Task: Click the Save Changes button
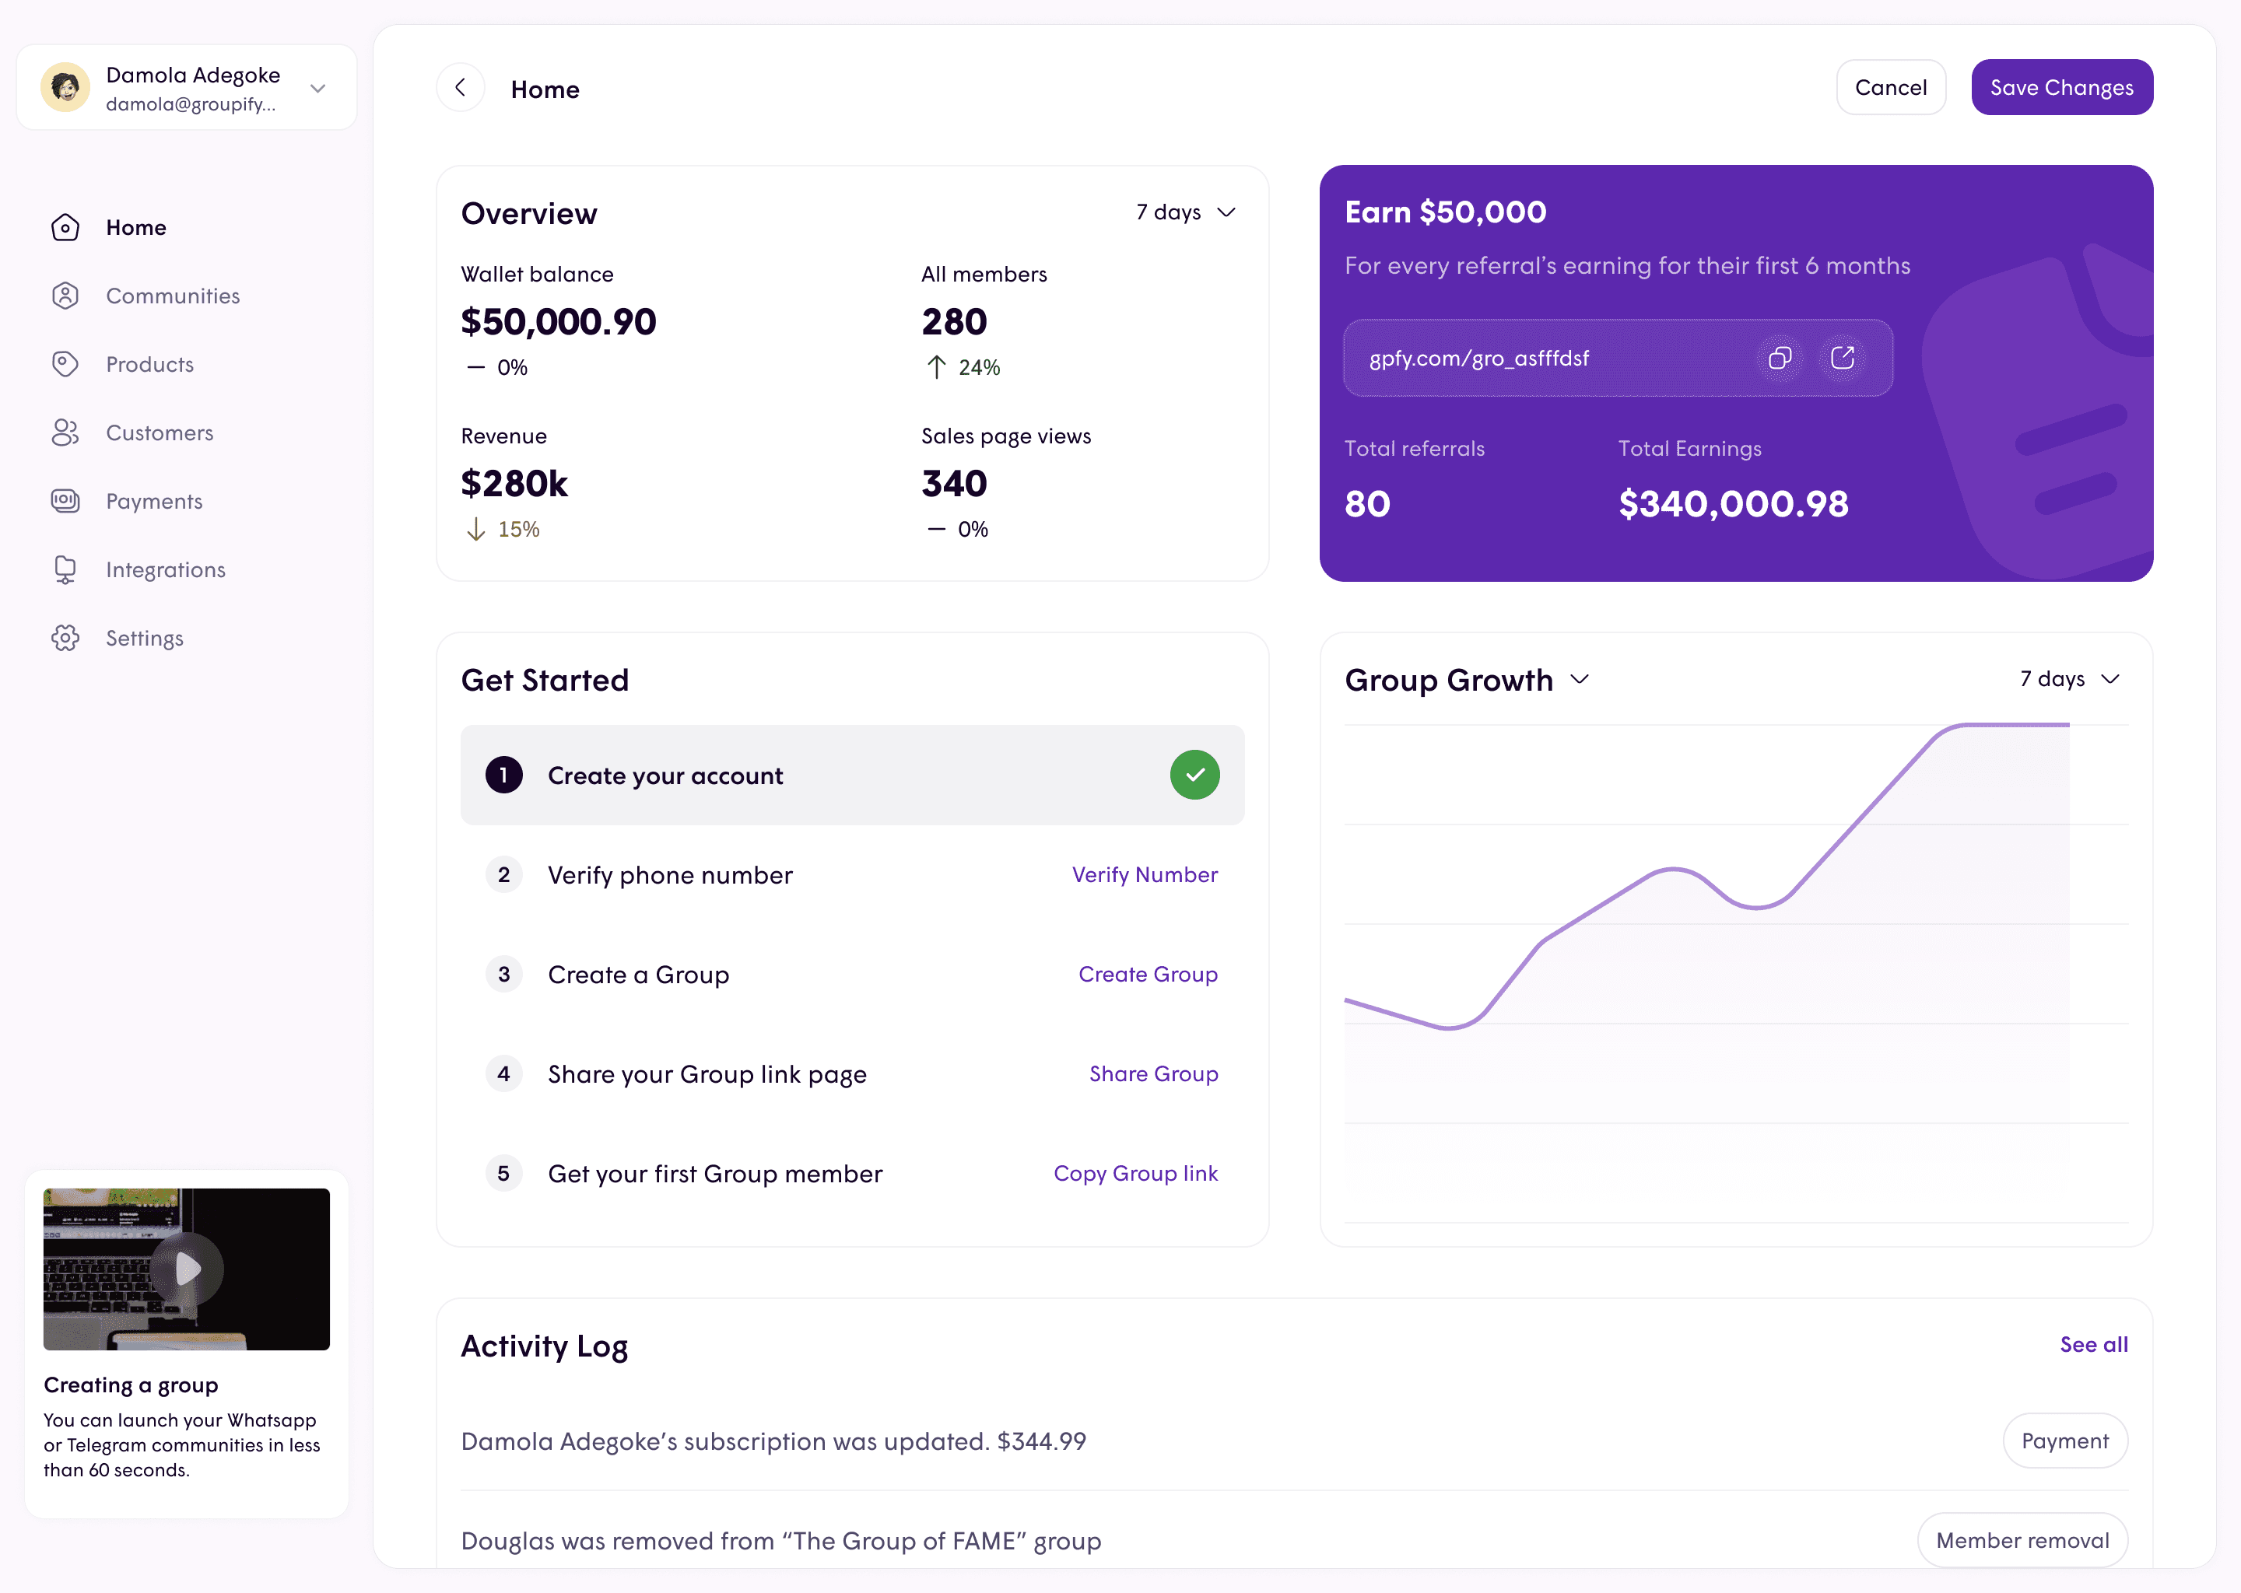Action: (x=2061, y=87)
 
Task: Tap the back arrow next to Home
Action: (x=460, y=88)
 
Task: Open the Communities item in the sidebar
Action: (x=173, y=296)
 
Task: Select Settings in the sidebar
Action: (x=144, y=639)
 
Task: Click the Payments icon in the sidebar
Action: (x=65, y=501)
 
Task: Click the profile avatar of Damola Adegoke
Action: (x=65, y=88)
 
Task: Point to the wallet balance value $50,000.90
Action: (x=558, y=322)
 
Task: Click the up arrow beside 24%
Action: (x=936, y=367)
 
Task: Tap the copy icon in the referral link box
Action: (x=1779, y=358)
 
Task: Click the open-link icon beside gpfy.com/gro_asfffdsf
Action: (x=1842, y=358)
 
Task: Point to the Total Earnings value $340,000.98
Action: (x=1733, y=504)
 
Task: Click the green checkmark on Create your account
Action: (x=1194, y=775)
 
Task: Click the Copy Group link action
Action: (x=1135, y=1175)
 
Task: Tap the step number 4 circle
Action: (x=503, y=1074)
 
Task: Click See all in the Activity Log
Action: (x=2094, y=1345)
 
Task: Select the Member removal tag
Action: (x=2022, y=1540)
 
